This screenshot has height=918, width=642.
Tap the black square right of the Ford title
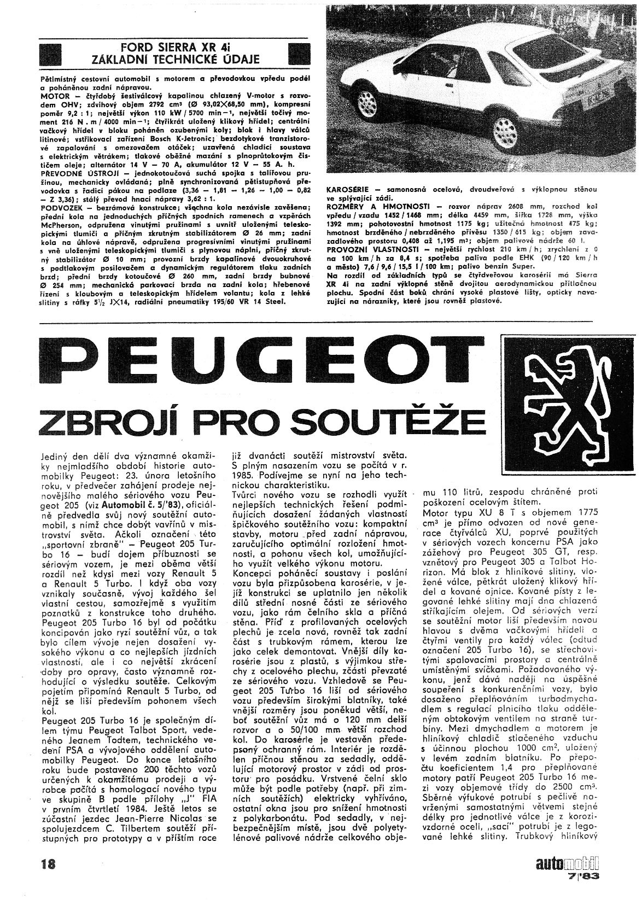(x=299, y=54)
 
